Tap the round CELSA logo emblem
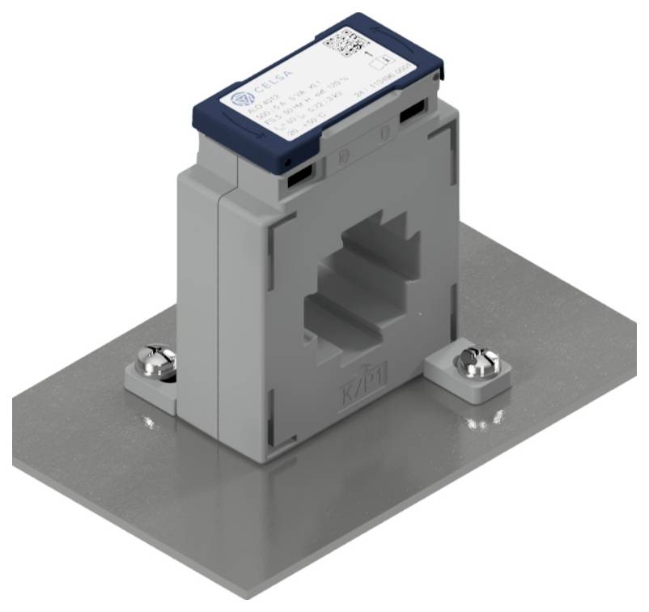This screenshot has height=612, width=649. pos(240,100)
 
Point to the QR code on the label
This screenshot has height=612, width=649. pos(345,42)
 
